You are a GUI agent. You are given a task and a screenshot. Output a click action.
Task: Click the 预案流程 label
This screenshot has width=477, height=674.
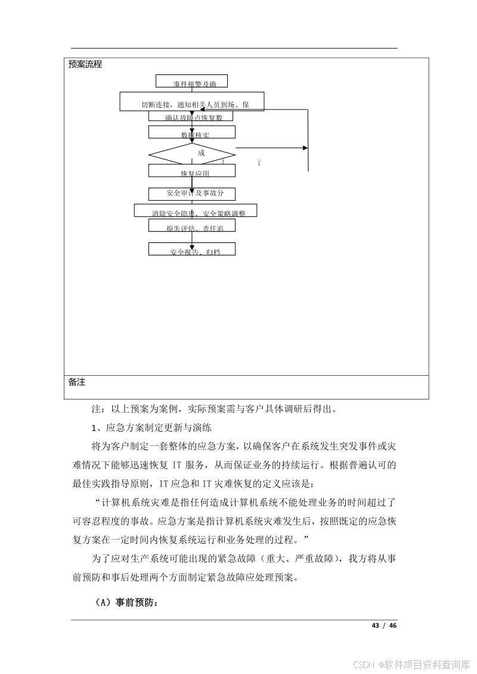point(85,64)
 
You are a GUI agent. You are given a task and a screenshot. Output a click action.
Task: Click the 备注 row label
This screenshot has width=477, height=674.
point(77,382)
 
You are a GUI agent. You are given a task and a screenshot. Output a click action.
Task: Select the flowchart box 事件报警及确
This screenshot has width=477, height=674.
point(191,81)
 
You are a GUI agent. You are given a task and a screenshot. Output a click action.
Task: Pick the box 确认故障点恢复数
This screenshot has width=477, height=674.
point(191,116)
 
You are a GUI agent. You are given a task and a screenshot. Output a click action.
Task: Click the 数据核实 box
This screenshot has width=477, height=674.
point(192,132)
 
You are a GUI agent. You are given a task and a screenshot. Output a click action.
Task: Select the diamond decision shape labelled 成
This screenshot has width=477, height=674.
point(192,153)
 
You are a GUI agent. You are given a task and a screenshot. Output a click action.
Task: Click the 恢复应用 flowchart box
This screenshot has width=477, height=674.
point(192,171)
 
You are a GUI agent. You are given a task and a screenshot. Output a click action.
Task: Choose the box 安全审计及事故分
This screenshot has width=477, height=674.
point(192,194)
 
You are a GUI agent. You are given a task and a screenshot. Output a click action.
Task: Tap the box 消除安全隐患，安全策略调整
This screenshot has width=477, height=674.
point(196,210)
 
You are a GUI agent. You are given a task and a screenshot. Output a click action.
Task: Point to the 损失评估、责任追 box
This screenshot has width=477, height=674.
point(192,225)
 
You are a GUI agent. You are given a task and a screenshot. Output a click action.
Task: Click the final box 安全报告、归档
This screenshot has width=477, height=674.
point(192,249)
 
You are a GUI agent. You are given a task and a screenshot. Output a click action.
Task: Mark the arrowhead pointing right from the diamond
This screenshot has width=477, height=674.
point(305,148)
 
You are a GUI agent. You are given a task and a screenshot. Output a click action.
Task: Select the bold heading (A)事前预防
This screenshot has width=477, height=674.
point(126,603)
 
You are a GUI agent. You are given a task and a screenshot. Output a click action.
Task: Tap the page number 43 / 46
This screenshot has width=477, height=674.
point(383,625)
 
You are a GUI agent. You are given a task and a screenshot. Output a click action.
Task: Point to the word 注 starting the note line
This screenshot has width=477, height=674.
point(95,409)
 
